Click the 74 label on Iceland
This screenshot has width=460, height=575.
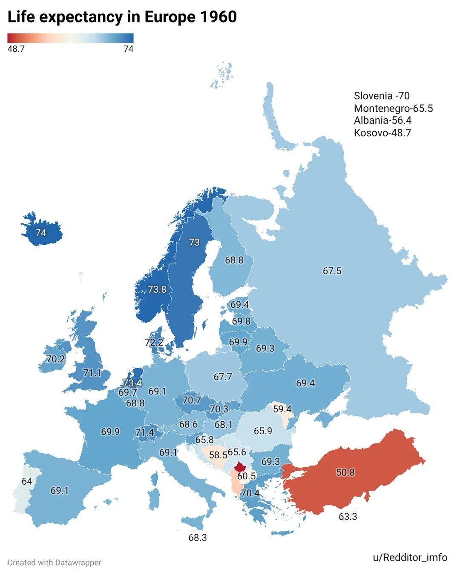pyautogui.click(x=41, y=233)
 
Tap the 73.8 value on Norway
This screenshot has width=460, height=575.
pyautogui.click(x=157, y=289)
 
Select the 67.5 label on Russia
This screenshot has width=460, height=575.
pyautogui.click(x=332, y=271)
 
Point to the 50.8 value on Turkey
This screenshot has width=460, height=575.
pyautogui.click(x=345, y=472)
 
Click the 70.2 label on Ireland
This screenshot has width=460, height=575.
pyautogui.click(x=55, y=359)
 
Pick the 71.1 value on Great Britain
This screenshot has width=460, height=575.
pyautogui.click(x=92, y=373)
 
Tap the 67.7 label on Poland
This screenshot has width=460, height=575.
pyautogui.click(x=223, y=377)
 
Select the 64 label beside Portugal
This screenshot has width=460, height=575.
pyautogui.click(x=27, y=481)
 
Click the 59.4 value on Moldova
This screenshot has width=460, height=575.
pyautogui.click(x=282, y=409)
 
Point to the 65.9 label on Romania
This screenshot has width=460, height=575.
pyautogui.click(x=263, y=431)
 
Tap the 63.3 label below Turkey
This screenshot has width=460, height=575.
pyautogui.click(x=348, y=517)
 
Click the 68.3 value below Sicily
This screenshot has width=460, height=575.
pyautogui.click(x=198, y=538)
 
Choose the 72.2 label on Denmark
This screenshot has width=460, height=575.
pyautogui.click(x=154, y=342)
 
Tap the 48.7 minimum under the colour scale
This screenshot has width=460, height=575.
pyautogui.click(x=16, y=49)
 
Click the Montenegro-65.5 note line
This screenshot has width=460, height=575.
pyautogui.click(x=393, y=109)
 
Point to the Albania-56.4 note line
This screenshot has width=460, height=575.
pyautogui.click(x=382, y=120)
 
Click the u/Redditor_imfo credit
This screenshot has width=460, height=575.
pyautogui.click(x=410, y=558)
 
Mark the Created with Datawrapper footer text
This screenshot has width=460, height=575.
pyautogui.click(x=55, y=563)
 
